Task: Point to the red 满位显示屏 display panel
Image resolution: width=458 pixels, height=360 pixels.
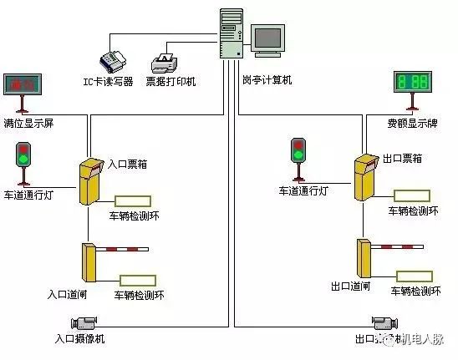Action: (x=24, y=84)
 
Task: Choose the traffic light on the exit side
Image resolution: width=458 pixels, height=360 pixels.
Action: (x=298, y=151)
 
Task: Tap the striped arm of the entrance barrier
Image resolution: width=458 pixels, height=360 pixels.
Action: (x=125, y=249)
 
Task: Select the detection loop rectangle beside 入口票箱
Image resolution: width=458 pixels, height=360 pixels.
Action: (x=133, y=200)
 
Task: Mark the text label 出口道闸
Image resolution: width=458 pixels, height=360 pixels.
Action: (x=351, y=286)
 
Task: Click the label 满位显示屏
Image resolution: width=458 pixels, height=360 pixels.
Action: (x=29, y=124)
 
